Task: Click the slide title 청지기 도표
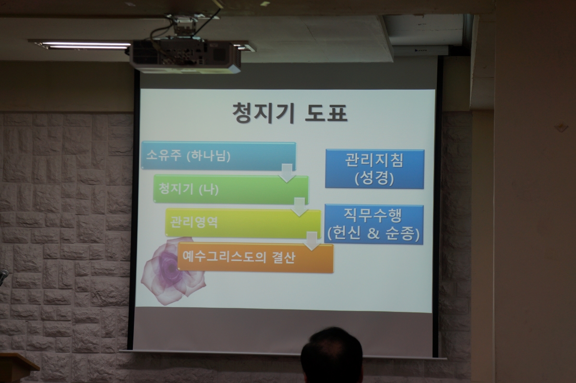pos(290,113)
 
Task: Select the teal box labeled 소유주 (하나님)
pos(218,156)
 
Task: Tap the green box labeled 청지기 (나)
pos(231,190)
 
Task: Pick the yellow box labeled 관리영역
pos(243,223)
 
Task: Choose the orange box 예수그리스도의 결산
pos(255,257)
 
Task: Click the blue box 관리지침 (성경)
pos(374,169)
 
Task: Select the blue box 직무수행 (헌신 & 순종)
pos(373,224)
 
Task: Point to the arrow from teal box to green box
pos(287,173)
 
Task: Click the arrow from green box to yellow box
pos(300,207)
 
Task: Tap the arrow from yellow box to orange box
pos(312,241)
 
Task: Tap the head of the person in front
pos(332,355)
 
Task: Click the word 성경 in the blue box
pos(374,178)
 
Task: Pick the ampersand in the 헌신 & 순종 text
pos(373,233)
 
